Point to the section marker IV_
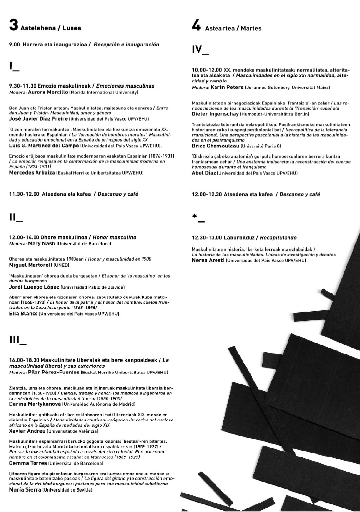pos(200,50)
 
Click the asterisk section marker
pos(198,217)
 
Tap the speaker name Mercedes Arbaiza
pos(33,173)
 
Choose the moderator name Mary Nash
pos(42,244)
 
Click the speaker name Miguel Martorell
pos(33,265)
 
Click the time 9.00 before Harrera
pos(14,44)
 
